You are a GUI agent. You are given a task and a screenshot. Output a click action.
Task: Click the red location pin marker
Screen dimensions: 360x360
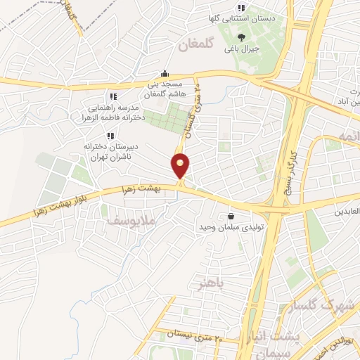pos(181,166)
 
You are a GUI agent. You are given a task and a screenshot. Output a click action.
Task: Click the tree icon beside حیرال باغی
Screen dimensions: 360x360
pos(242,37)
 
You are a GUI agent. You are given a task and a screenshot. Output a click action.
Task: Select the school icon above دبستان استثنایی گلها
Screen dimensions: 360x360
pos(241,8)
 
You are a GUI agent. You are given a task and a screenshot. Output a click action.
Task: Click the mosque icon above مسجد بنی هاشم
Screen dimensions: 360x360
pos(165,72)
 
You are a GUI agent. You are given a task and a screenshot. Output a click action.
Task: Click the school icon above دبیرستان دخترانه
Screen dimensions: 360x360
pos(110,136)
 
